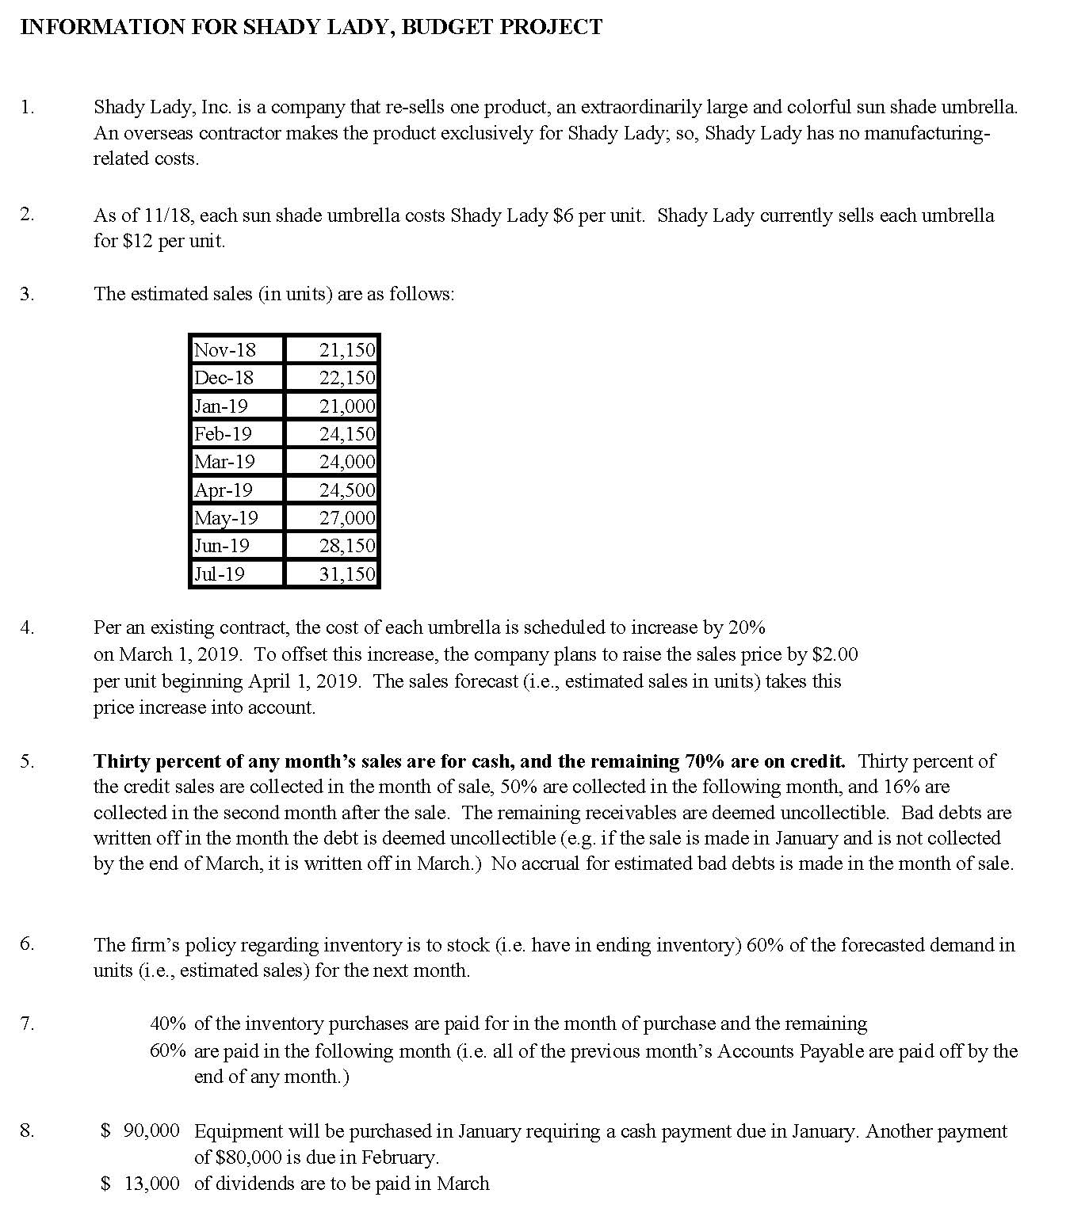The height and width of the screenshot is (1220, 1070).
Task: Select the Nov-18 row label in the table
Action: [225, 349]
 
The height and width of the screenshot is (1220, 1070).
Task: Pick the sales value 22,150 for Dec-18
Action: [346, 378]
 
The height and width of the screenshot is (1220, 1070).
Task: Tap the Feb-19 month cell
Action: [223, 434]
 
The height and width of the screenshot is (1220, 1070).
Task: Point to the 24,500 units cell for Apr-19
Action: [346, 490]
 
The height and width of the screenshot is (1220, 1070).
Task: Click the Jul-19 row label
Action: [220, 574]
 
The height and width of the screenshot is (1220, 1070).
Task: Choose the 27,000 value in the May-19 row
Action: [346, 518]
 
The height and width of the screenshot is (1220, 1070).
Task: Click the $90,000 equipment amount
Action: [141, 1131]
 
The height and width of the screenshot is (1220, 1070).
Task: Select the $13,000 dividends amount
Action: [141, 1184]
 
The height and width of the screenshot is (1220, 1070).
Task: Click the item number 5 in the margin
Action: [27, 761]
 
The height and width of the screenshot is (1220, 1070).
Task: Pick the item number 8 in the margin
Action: [27, 1131]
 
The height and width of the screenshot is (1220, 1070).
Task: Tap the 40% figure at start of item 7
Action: [168, 1024]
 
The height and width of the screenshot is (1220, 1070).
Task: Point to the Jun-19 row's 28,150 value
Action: [346, 546]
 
